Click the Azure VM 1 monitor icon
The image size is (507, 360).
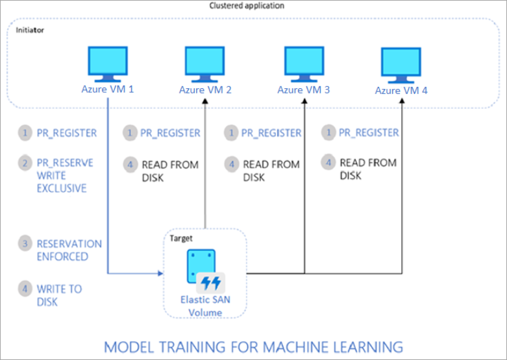107,63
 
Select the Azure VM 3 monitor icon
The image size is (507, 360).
303,63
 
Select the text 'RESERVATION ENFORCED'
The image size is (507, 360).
69,250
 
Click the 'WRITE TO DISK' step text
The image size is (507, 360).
59,295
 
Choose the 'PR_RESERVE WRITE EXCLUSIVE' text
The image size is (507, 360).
64,176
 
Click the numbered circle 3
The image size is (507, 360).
25,244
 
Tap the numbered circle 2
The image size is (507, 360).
25,163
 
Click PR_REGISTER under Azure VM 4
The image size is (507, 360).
369,133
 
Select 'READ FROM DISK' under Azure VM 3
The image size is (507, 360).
271,171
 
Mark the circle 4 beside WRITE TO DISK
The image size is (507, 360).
25,289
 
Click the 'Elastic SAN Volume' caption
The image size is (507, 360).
204,306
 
